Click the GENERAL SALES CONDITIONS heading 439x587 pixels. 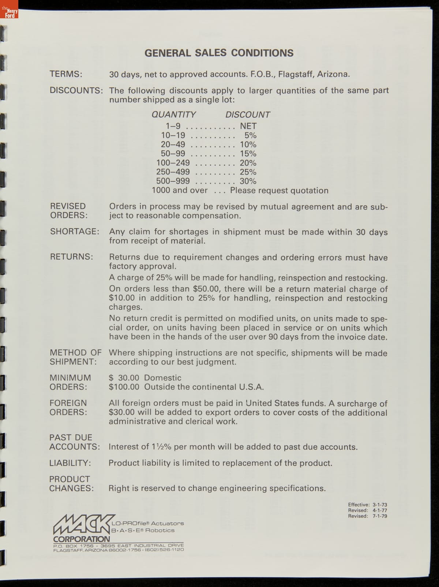pos(219,53)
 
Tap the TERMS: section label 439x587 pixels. pos(66,74)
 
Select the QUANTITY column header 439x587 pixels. pos(174,114)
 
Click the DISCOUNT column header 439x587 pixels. pos(248,114)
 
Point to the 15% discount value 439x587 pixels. pos(248,154)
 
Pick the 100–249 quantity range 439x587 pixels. pos(173,163)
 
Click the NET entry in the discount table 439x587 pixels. pos(248,126)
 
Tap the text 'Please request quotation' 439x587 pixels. pos(279,191)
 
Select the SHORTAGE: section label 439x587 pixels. pos(75,232)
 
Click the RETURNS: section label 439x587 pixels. pos(72,257)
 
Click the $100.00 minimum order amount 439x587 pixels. pos(124,387)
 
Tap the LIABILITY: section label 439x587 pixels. pos(70,463)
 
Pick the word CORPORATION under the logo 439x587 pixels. pos(81,539)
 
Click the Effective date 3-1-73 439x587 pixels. pos(380,505)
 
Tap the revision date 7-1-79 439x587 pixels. pos(380,516)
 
